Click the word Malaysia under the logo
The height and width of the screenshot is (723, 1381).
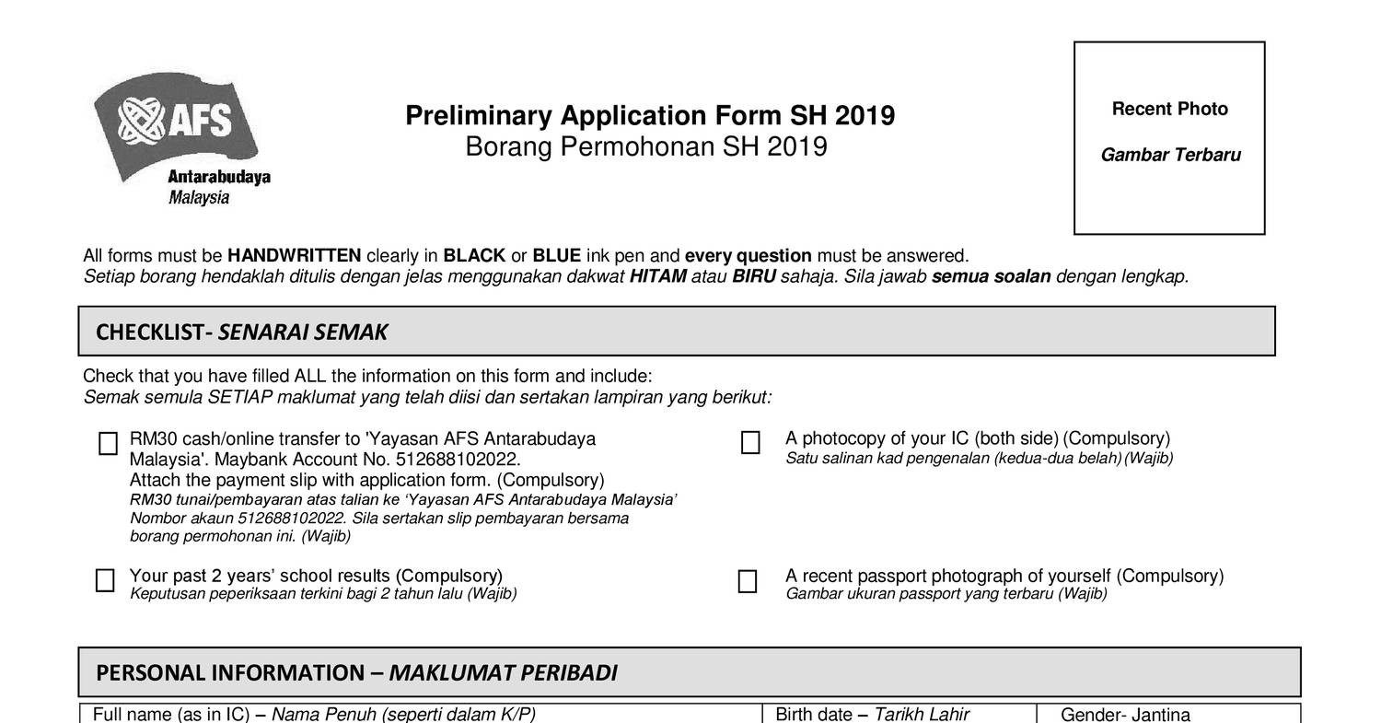[199, 198]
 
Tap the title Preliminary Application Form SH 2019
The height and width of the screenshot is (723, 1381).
[649, 116]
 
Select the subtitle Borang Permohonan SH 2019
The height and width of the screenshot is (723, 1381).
[645, 147]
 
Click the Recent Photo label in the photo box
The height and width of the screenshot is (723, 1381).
[1169, 110]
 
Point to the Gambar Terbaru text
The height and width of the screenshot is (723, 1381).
[1170, 156]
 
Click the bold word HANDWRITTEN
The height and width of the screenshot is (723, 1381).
[294, 256]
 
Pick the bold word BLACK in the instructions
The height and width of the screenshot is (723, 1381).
[474, 256]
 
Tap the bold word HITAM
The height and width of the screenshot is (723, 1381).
[657, 276]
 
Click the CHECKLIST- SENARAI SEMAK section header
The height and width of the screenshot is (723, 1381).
[241, 332]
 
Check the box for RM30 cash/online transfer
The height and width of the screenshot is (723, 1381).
[108, 444]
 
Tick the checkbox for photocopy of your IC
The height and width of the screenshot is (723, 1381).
[750, 443]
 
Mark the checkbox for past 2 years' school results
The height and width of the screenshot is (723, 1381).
[106, 580]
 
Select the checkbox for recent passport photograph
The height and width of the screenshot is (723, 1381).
[748, 581]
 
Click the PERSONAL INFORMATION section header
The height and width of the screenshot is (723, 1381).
[356, 673]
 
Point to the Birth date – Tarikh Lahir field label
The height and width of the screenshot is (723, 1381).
[872, 714]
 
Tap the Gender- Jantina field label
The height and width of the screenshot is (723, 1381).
[1125, 714]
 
